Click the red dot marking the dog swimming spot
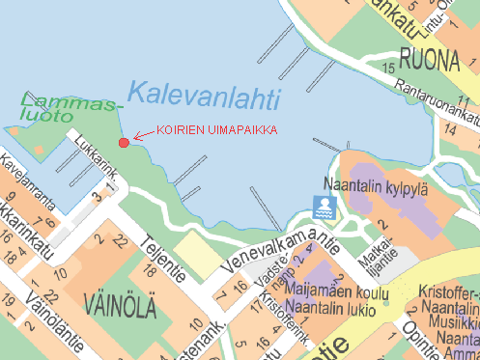point(124,143)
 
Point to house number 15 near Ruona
point(388,68)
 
